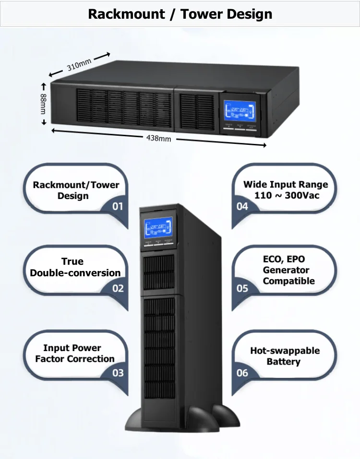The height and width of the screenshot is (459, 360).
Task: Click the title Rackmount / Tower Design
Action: point(180,14)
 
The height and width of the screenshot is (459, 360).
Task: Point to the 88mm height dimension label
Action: point(44,103)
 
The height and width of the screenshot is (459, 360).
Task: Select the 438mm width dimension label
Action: point(158,138)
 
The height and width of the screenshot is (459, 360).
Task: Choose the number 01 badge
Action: point(118,206)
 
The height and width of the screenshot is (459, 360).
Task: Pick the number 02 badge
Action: point(118,288)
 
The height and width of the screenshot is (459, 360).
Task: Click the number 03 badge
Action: point(118,373)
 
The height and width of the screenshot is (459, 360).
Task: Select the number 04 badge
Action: point(243,206)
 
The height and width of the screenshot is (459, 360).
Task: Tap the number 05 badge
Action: point(243,288)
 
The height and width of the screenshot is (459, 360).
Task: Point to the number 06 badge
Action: point(243,373)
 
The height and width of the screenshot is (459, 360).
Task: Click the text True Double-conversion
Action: point(75,267)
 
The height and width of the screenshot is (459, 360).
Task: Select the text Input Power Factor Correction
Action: point(74,353)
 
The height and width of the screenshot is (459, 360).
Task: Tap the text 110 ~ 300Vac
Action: point(287,196)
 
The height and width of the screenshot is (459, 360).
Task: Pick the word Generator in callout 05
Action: point(286,270)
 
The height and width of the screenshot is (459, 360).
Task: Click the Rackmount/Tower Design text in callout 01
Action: point(76,190)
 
